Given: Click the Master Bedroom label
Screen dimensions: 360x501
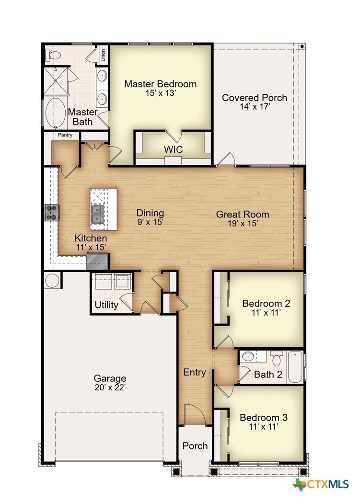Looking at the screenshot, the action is pos(161,84).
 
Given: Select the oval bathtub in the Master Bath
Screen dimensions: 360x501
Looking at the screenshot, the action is pos(55,112).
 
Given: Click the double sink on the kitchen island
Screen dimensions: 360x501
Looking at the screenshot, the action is pos(97,214).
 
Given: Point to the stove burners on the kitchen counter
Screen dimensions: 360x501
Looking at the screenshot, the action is pos(52,213).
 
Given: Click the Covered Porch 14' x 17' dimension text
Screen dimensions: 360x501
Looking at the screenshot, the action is pos(255,106).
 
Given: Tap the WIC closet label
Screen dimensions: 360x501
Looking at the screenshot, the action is pos(173,149).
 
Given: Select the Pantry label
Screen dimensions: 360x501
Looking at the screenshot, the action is pos(65,135).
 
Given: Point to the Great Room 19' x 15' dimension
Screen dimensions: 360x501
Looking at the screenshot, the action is pos(243,223).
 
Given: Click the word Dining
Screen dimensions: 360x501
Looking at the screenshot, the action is pos(150,213).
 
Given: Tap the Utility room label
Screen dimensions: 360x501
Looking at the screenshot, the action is pos(106,305).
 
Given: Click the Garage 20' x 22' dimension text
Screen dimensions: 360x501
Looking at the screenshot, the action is pos(110,387).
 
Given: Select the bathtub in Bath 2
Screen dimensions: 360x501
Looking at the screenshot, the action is pos(295,367).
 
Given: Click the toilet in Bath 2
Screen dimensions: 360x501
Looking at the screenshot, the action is pos(277,358).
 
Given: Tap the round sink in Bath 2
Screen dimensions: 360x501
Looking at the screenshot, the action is pos(247,356).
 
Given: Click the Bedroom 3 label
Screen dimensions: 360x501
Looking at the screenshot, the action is pos(264,417).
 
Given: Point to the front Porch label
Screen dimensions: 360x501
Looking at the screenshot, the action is pos(195,446).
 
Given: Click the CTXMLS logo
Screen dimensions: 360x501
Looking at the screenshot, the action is pos(321,484).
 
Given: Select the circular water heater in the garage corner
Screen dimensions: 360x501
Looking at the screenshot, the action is pos(52,281).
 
